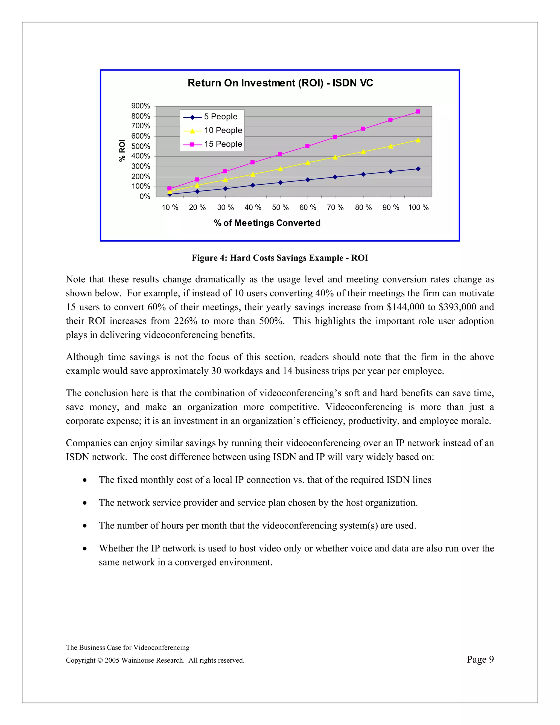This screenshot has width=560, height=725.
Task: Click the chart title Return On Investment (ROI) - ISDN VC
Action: tap(280, 83)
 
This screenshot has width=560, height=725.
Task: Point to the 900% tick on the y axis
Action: tap(141, 106)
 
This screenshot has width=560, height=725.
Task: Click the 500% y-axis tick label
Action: tap(141, 146)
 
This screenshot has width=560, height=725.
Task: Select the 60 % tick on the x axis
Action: tap(308, 207)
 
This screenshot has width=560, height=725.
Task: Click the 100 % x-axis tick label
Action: tap(418, 207)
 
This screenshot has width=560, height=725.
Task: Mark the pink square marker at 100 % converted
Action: tap(418, 112)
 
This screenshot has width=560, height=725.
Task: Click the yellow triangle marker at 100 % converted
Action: tap(418, 140)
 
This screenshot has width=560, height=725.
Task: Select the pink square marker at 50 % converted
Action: tap(280, 154)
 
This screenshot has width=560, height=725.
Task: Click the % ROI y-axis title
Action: tap(122, 151)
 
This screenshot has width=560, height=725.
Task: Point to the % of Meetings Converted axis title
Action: tap(267, 223)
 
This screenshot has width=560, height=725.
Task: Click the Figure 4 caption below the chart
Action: tap(280, 258)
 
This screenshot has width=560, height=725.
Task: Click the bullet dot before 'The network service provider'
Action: tap(85, 503)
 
